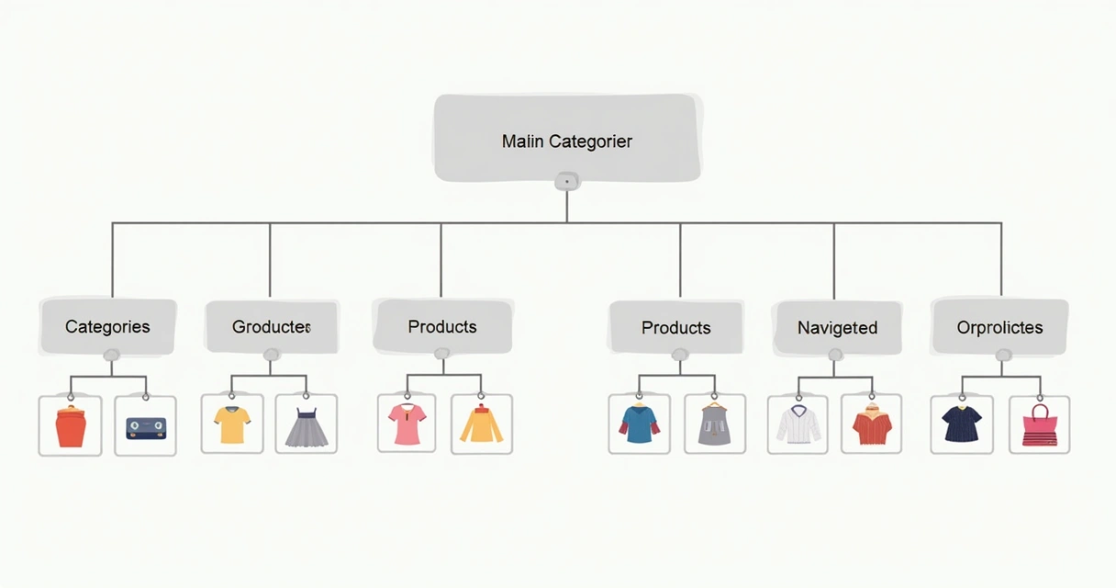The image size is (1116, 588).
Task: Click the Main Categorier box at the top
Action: [567, 138]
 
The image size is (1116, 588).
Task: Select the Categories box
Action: [108, 327]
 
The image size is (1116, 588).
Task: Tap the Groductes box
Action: [272, 327]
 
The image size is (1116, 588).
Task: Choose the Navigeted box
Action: [838, 328]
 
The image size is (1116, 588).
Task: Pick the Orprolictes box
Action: [1000, 327]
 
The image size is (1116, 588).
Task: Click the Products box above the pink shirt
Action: [443, 326]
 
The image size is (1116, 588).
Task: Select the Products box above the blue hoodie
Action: [676, 327]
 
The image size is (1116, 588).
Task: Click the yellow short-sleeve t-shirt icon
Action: [232, 424]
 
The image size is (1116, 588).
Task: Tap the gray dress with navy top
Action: [307, 427]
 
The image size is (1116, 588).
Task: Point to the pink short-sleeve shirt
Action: [407, 424]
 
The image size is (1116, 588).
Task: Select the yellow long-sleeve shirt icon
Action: [481, 424]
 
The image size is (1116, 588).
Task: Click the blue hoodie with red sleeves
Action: [639, 424]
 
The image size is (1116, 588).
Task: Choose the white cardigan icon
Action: [798, 424]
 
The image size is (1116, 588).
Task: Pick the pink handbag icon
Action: [1040, 425]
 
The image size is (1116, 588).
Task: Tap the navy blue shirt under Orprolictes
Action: [962, 424]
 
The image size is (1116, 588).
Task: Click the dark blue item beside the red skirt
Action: [146, 428]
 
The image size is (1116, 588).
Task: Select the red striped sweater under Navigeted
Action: [872, 424]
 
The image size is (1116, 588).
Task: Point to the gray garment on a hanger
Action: [714, 424]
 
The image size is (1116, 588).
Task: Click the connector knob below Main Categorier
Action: [567, 182]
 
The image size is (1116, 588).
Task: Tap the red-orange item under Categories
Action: [71, 426]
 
